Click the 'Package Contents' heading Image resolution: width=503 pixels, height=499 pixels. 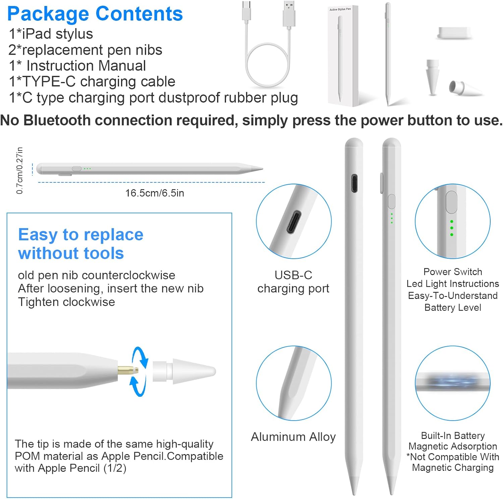[x=95, y=14]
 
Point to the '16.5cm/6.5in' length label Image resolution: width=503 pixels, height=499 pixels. [x=155, y=193]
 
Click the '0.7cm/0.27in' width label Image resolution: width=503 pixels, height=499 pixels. [x=20, y=170]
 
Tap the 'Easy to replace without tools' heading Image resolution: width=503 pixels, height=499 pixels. [x=80, y=244]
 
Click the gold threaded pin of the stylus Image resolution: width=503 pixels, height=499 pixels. [x=128, y=371]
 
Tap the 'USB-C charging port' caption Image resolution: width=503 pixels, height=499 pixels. [x=293, y=282]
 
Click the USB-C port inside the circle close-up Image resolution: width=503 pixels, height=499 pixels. [x=294, y=222]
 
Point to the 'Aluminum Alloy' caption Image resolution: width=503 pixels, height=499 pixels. [x=293, y=437]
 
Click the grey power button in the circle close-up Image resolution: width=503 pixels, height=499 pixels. [x=451, y=202]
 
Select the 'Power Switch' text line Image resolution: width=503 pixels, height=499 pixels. [x=452, y=272]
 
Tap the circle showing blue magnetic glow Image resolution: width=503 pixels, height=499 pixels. [x=452, y=383]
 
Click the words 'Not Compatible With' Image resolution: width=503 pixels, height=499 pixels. [x=454, y=457]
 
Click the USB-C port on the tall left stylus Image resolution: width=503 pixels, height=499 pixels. [x=354, y=183]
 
